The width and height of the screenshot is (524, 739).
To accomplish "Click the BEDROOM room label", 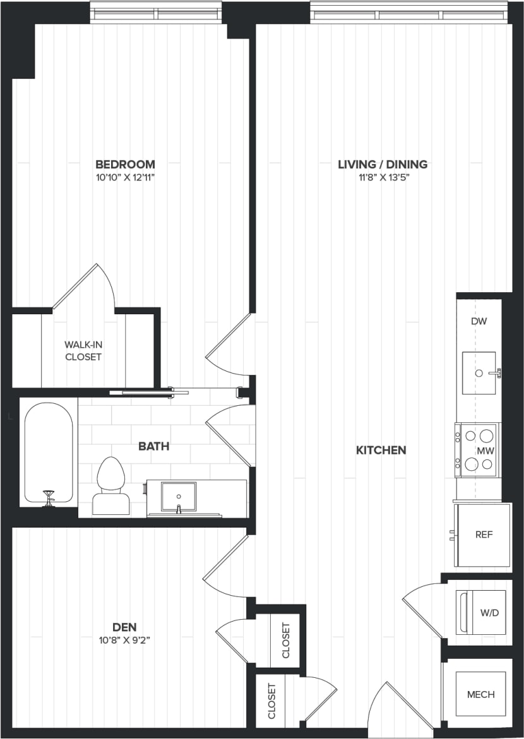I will click(125, 164).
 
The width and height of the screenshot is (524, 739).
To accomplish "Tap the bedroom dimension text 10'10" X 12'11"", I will click(125, 178).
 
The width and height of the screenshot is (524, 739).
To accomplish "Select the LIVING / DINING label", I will click(383, 164).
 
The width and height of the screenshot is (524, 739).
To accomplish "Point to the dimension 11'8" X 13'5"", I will click(383, 178).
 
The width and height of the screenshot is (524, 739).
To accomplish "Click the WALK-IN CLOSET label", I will click(83, 351).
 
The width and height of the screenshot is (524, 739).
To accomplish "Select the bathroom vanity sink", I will click(178, 497).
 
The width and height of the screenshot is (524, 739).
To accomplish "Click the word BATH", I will click(154, 446).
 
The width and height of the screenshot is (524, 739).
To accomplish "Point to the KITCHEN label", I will click(381, 450).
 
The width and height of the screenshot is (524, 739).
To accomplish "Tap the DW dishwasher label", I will click(479, 321).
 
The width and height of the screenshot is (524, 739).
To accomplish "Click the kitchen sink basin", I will click(479, 373).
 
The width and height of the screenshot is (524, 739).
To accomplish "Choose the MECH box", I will click(480, 694).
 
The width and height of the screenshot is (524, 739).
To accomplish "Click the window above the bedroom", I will click(157, 11).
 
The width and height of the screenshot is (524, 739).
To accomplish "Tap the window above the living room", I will click(409, 11).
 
